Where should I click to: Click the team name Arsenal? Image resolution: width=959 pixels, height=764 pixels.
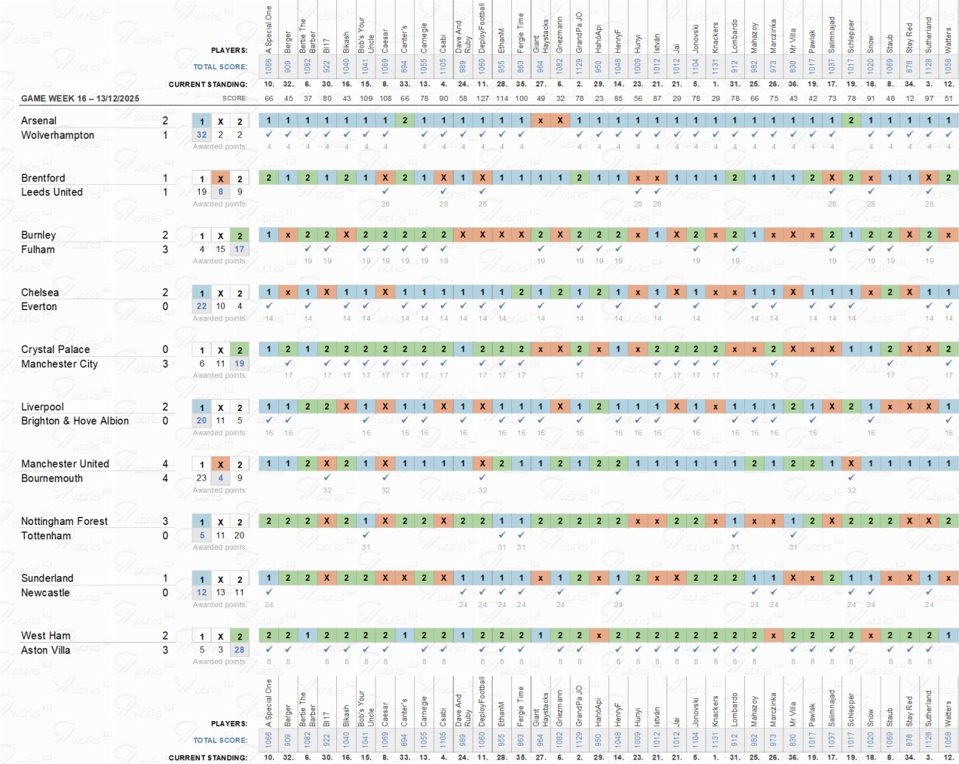pos(38,121)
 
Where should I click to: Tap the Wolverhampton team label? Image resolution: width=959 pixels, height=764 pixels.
pos(57,135)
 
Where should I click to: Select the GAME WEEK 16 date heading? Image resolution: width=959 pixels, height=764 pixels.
pos(80,99)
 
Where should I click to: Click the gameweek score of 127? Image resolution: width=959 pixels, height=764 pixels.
pos(483,98)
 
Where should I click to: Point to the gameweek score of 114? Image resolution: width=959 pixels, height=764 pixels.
pos(502,98)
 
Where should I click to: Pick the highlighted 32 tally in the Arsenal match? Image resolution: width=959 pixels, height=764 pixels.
pos(201,135)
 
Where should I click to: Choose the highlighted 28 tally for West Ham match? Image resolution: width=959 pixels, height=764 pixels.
pos(239,649)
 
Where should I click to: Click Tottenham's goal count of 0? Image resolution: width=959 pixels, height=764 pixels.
pos(165,535)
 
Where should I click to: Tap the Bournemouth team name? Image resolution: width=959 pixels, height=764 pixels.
pos(52,478)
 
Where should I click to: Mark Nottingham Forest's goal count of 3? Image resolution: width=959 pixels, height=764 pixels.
pos(165,521)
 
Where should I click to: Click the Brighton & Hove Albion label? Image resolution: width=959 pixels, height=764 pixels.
pos(75,421)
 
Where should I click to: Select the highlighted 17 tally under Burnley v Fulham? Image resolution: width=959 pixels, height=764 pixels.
pos(239,249)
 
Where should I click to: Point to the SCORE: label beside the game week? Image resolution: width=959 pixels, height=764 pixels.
pos(234,99)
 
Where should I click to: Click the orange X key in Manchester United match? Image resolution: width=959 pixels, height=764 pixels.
pos(220,465)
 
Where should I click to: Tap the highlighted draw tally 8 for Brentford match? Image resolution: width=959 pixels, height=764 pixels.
pos(220,192)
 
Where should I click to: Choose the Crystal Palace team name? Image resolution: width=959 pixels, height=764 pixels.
pos(55,349)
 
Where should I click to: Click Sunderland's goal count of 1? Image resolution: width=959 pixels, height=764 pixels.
pos(165,578)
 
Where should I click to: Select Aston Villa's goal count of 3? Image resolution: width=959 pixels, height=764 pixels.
pos(165,649)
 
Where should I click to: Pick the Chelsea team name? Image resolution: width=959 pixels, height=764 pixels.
pos(40,293)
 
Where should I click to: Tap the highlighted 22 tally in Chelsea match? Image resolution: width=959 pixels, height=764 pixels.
pos(201,306)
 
